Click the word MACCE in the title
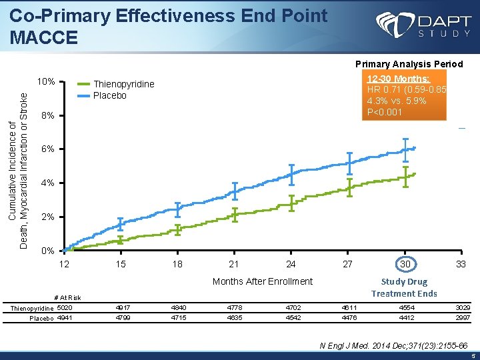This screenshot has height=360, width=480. (x=45, y=37)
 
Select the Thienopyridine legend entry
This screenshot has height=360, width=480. (x=123, y=84)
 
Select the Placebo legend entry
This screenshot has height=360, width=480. (x=109, y=95)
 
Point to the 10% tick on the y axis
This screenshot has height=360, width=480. (x=46, y=82)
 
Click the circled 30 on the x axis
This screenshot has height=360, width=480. (x=405, y=265)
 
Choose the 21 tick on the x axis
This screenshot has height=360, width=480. (x=234, y=265)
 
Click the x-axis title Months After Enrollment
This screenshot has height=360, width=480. (x=262, y=281)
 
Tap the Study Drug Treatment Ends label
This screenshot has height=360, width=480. (x=404, y=288)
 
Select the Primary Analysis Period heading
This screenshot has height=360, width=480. (x=409, y=64)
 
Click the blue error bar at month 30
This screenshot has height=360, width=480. (x=405, y=149)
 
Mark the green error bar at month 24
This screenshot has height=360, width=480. (x=291, y=203)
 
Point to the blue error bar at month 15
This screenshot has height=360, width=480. (x=120, y=224)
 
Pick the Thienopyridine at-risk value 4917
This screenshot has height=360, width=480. (x=121, y=308)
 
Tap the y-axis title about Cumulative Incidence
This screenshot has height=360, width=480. (x=19, y=170)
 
